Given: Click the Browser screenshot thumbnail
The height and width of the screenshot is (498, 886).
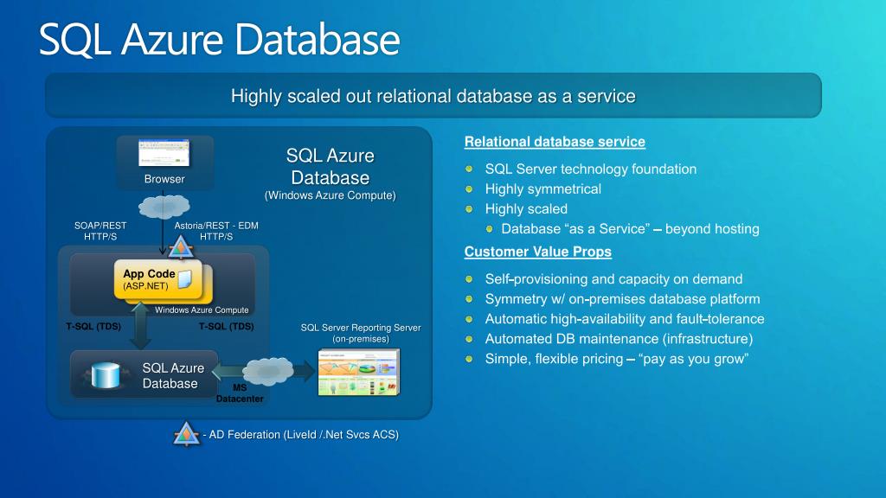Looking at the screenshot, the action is (x=164, y=152).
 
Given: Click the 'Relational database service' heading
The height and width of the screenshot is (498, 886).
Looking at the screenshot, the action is (x=555, y=142).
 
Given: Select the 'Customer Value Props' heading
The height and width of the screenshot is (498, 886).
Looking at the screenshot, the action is (x=537, y=252).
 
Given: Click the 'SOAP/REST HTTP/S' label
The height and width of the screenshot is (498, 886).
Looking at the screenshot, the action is (x=100, y=231).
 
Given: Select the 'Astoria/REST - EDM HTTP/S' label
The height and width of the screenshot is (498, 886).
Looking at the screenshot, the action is (x=216, y=231).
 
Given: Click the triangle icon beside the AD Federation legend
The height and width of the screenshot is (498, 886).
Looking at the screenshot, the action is (x=187, y=435).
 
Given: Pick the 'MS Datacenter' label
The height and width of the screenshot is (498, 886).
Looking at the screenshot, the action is (x=240, y=393).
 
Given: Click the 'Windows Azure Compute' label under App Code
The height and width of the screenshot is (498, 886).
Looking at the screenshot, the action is (x=202, y=310).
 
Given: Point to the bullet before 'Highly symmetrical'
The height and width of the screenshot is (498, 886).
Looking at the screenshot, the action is (x=469, y=189).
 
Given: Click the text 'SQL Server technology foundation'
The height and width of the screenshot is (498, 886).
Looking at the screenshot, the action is (x=590, y=169).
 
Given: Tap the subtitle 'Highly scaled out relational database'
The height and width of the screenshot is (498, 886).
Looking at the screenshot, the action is (x=433, y=96).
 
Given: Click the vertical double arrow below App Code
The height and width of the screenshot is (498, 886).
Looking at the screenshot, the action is (x=141, y=327).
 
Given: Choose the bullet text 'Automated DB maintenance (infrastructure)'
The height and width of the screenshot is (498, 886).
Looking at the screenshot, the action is (x=619, y=339).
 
